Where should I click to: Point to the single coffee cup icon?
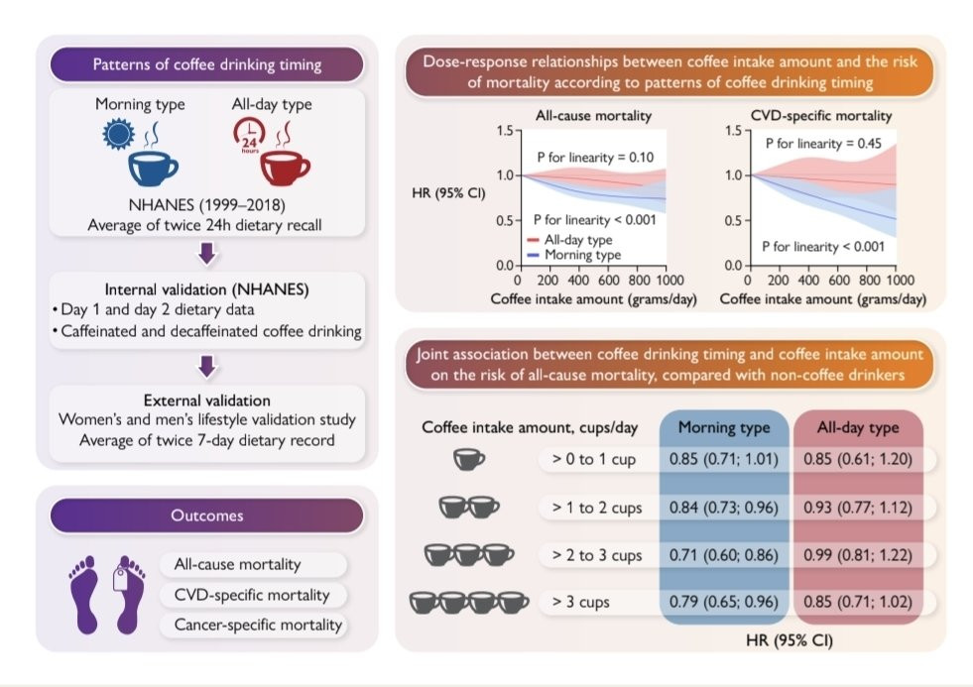click(x=469, y=460)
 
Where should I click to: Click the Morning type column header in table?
click(x=723, y=427)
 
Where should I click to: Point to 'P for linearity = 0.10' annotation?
click(x=595, y=157)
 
